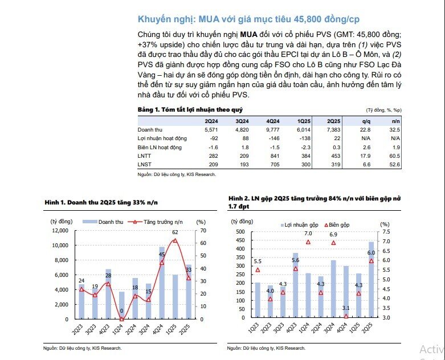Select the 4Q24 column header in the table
pos(273,121)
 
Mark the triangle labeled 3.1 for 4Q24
pos(346,316)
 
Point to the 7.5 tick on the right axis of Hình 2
pos(385,232)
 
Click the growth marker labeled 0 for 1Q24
pos(121,318)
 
